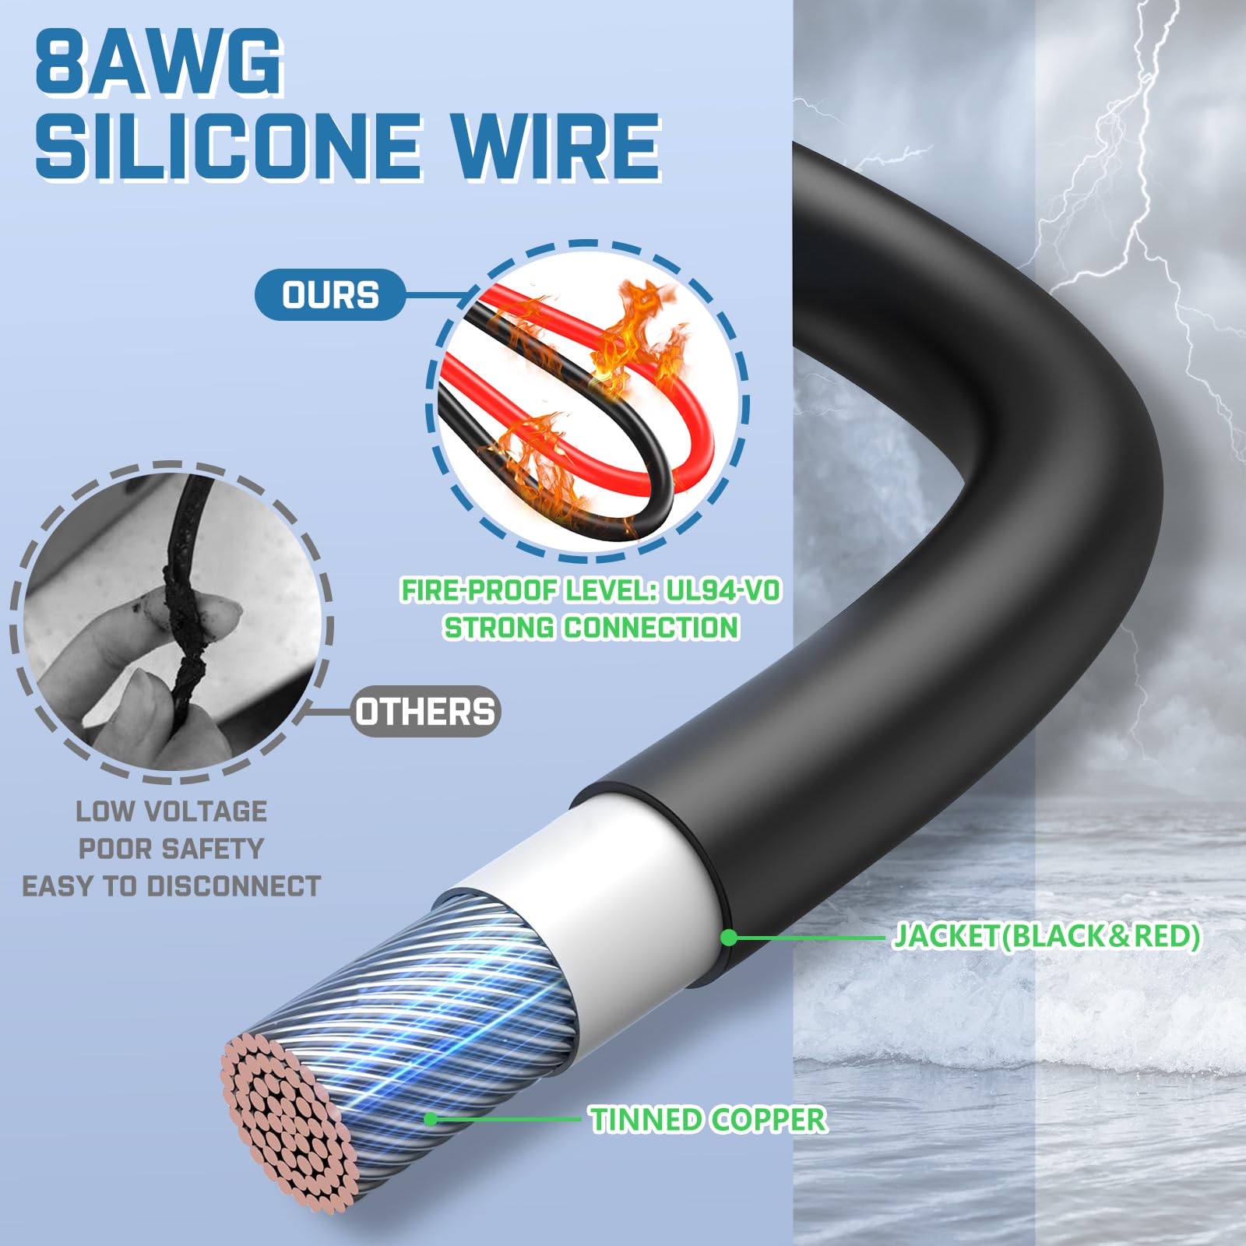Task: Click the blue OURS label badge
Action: coord(330,295)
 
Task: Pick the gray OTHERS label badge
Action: coord(425,712)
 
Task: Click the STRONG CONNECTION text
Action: coord(591,628)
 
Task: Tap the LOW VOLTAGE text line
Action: coord(171,811)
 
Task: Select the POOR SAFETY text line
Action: coord(171,848)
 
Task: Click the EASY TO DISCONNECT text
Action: coord(171,886)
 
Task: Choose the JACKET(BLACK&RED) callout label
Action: coord(1046,936)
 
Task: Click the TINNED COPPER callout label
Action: coord(708,1120)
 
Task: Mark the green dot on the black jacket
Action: coord(729,938)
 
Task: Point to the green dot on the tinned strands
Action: coord(431,1119)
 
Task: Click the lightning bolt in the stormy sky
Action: coord(1121,195)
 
